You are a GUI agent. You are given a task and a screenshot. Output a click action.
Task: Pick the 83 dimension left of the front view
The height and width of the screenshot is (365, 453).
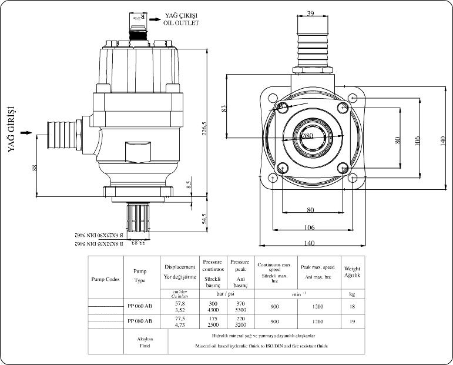point(224,109)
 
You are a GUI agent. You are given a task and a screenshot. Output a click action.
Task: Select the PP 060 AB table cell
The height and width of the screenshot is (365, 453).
point(139,306)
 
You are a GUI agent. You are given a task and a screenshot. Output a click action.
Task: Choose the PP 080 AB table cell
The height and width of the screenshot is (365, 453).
point(139,321)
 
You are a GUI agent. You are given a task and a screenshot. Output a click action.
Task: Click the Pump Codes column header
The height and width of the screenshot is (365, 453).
point(106,279)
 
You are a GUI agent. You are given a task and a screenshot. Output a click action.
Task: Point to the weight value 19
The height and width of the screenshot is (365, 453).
point(353,322)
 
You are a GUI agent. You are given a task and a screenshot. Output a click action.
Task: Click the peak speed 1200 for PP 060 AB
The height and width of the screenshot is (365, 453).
point(318,306)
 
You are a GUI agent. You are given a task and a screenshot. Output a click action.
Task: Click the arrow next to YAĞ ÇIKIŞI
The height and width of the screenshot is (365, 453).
point(155,19)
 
